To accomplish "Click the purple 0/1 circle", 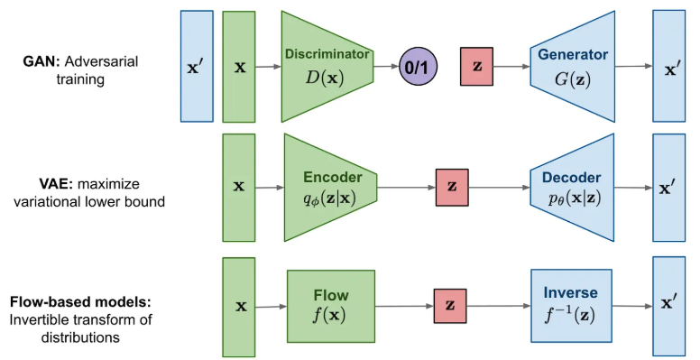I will tap(424, 66).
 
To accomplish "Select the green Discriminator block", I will tap(326, 66).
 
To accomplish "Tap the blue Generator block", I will tap(573, 66).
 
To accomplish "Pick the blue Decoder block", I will tap(573, 187).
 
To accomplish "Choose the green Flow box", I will tap(330, 306).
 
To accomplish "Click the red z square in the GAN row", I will tap(478, 67).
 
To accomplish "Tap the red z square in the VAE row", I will tap(452, 187).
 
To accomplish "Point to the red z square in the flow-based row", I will tap(450, 306).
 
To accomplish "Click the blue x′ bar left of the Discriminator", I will tap(197, 66).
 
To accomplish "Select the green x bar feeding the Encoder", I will tap(239, 187).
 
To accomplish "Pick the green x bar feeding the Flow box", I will tap(240, 306).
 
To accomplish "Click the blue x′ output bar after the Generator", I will tap(672, 66).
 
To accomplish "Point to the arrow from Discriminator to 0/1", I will tap(386, 67).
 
